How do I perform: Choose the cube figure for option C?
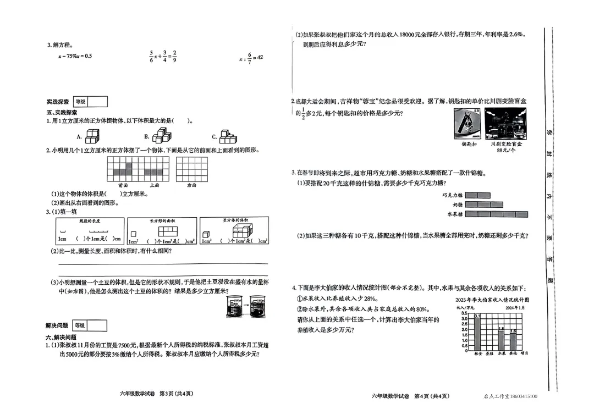pos(227,136)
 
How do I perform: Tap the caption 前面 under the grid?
pos(123,186)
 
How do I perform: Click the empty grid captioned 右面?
pos(191,169)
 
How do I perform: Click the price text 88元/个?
pos(506,150)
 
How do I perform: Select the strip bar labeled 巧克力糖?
pos(477,195)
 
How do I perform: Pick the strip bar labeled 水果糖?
pos(496,214)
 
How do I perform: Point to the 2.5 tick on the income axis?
pos(465,324)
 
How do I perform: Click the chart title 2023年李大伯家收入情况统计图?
pos(492,300)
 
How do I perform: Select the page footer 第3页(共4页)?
pos(176,394)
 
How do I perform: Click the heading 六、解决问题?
pos(61,337)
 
